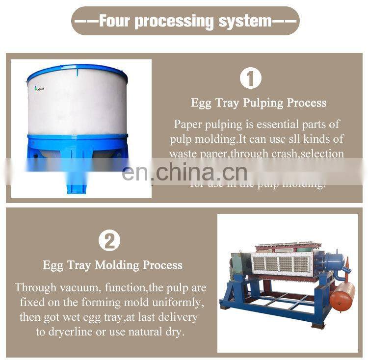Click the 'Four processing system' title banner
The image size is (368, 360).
(x=184, y=21)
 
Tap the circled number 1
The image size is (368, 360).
(x=250, y=79)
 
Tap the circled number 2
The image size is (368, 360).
(x=109, y=240)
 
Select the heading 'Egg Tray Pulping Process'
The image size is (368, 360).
(x=258, y=103)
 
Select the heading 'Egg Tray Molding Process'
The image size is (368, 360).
(x=112, y=265)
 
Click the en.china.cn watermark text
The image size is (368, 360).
(x=184, y=172)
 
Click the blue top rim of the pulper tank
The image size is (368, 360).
(x=77, y=71)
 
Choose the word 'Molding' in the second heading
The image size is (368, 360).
(x=117, y=265)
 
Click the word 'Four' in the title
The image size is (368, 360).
(x=114, y=21)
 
